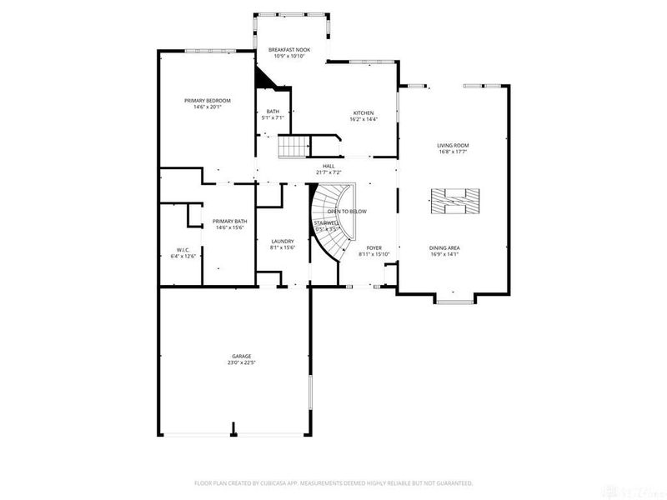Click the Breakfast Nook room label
[289, 50]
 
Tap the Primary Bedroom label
[208, 101]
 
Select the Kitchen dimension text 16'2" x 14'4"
[364, 119]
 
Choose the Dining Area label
[445, 247]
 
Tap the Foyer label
[374, 247]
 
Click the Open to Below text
[347, 212]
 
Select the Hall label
[328, 166]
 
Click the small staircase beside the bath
[293, 147]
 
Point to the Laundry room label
[282, 242]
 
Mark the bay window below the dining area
[454, 299]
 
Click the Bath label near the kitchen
[273, 112]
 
